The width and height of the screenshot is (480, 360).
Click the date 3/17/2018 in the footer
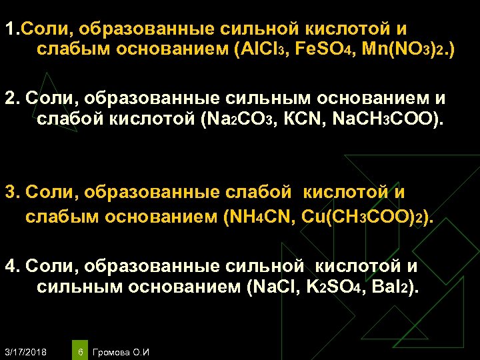click(x=25, y=351)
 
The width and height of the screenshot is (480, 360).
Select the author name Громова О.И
click(x=122, y=351)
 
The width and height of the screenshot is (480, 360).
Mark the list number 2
click(x=10, y=99)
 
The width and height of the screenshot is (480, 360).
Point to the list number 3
click(x=10, y=193)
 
